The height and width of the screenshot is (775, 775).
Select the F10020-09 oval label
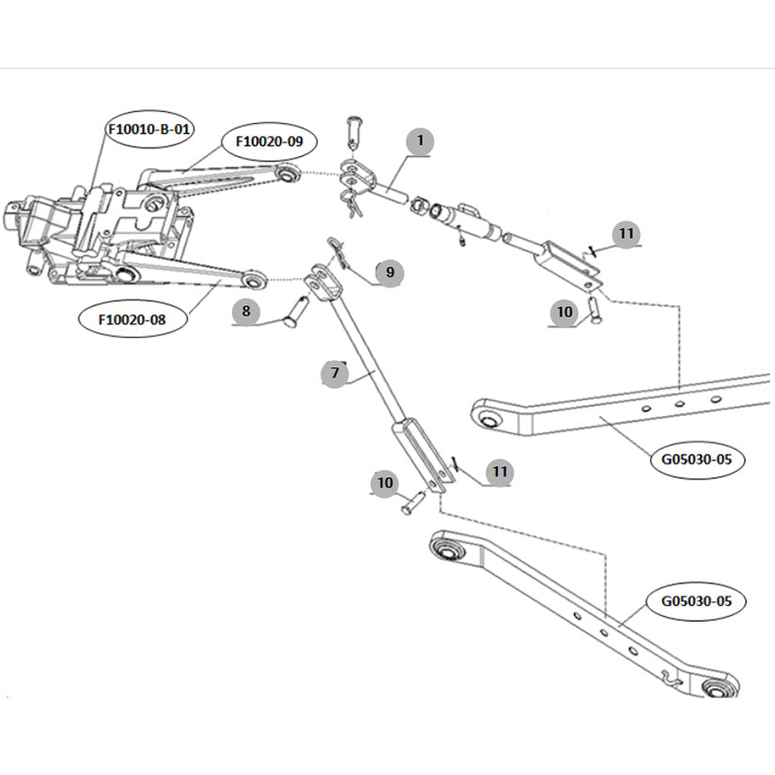(269, 141)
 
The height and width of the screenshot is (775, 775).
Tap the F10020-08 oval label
(132, 319)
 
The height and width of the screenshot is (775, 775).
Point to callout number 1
(420, 142)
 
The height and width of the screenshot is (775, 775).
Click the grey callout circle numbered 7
(333, 374)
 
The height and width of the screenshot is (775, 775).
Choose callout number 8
(246, 311)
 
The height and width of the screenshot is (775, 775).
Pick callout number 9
(389, 273)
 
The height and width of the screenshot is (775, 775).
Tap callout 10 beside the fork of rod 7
(385, 483)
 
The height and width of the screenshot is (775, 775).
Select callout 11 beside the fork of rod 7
(500, 471)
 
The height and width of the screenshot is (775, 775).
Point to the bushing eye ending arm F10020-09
(288, 174)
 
